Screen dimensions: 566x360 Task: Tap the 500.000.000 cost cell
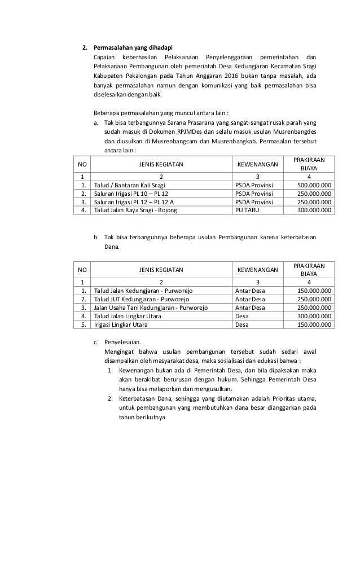[x=314, y=185]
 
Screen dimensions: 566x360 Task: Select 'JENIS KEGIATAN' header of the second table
[x=161, y=270]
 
